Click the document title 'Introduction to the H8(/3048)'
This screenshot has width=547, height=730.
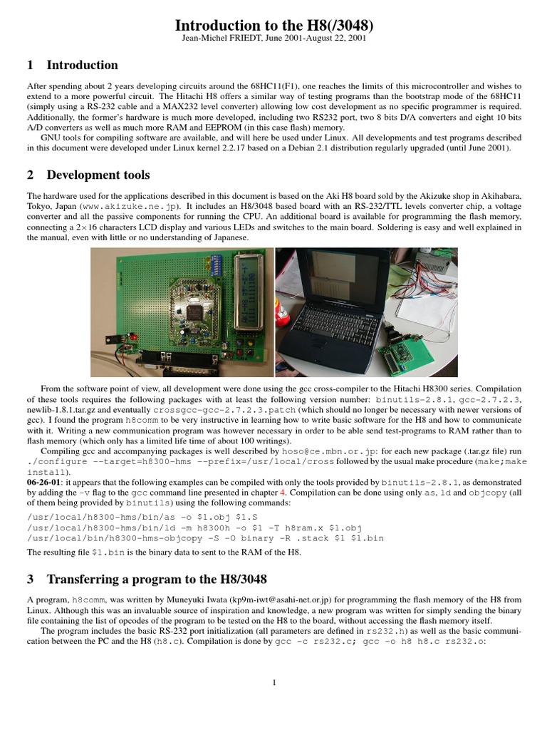click(273, 26)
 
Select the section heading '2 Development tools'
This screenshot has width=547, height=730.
click(88, 175)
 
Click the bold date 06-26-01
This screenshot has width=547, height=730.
click(46, 482)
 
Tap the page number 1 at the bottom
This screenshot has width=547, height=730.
click(273, 682)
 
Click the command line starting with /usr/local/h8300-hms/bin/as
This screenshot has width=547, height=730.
click(145, 517)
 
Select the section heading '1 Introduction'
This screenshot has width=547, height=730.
click(72, 66)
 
